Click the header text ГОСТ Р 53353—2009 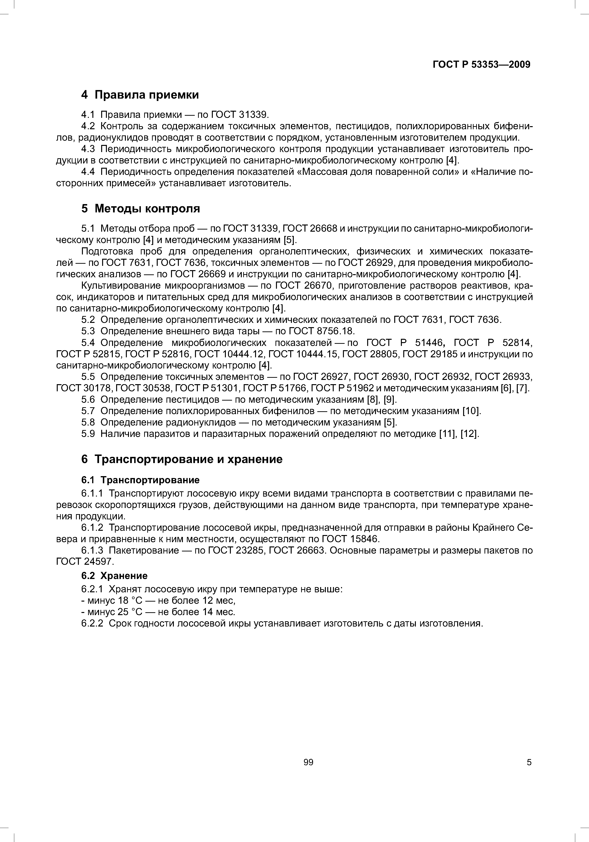click(481, 65)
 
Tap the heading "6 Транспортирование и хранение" click(182, 459)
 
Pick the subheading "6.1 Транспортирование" click(140, 480)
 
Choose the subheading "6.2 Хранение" click(114, 576)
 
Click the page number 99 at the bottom click(308, 762)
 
